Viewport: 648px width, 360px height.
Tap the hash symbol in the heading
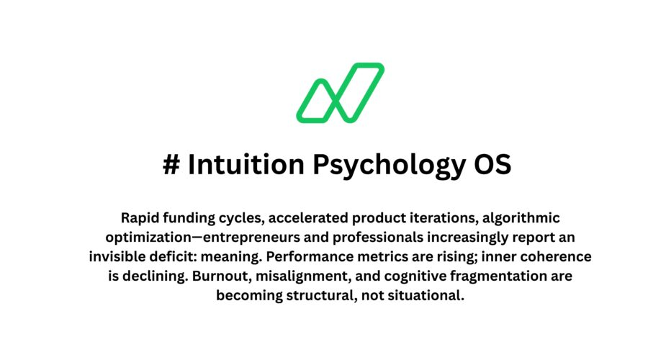(171, 165)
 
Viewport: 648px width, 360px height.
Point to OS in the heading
(493, 165)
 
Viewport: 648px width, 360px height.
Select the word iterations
(416, 218)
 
